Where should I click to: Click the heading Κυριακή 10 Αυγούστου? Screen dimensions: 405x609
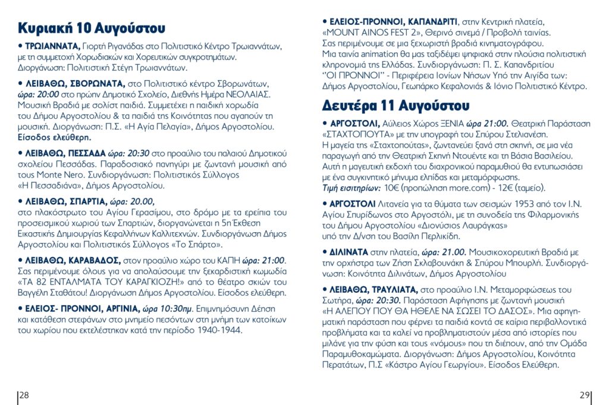click(92, 29)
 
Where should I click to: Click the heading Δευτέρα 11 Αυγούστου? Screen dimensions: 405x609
click(395, 106)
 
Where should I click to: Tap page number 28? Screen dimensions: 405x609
click(25, 395)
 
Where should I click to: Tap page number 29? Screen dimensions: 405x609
click(584, 395)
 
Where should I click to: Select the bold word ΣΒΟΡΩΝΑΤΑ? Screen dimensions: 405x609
click(94, 83)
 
